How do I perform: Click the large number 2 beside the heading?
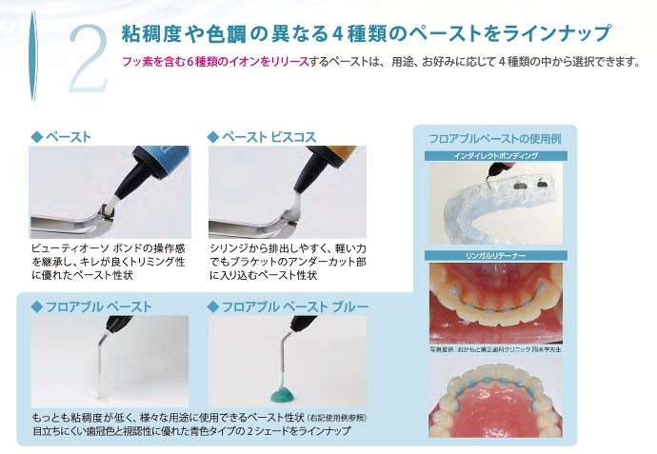89,59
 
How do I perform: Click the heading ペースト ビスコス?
269,137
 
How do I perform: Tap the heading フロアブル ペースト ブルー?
295,307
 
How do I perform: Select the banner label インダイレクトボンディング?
495,156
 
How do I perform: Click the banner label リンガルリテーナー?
496,255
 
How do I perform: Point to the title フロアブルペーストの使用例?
495,139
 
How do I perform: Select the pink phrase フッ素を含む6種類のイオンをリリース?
215,62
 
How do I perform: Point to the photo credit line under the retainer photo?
496,349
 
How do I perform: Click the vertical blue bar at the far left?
32,56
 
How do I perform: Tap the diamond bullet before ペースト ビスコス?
213,137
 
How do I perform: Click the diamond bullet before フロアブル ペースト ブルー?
213,307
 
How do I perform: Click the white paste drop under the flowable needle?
101,393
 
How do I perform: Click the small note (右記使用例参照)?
337,418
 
